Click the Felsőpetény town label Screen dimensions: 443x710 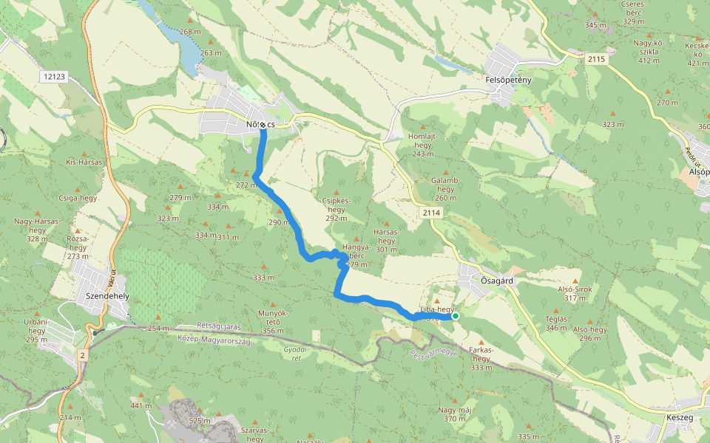[x=509, y=79]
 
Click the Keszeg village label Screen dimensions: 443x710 [x=679, y=417]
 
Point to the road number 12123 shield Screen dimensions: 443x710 [x=55, y=76]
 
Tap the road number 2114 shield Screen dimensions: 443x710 [x=433, y=213]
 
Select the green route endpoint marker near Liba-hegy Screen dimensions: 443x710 [x=456, y=316]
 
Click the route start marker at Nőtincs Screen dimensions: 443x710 [x=263, y=125]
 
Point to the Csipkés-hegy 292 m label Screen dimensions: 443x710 [x=336, y=209]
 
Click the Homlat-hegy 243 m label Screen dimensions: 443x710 [x=422, y=145]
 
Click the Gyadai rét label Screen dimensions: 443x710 [x=295, y=354]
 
